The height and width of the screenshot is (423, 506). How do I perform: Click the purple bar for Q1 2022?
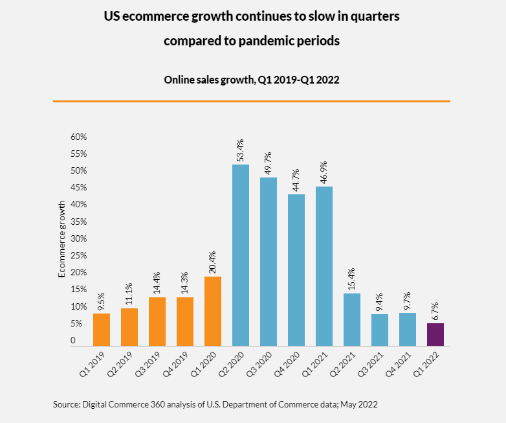[x=435, y=334]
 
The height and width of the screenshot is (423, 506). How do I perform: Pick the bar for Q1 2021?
[x=324, y=266]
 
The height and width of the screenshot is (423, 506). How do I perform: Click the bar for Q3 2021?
[x=380, y=330]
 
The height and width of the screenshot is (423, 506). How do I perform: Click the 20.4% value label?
[x=213, y=262]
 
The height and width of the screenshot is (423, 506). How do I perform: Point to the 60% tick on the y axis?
[x=79, y=137]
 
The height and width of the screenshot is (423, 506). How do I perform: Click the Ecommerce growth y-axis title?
[x=61, y=239]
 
